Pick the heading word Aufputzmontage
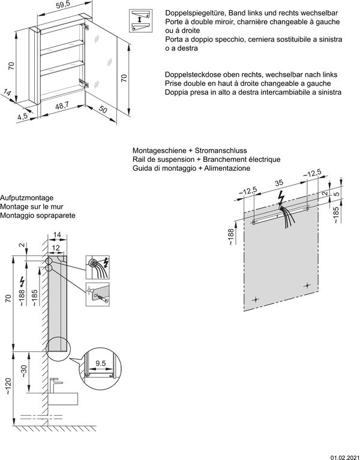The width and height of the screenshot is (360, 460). (x=28, y=197)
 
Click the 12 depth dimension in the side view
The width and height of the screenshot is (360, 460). (x=55, y=247)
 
